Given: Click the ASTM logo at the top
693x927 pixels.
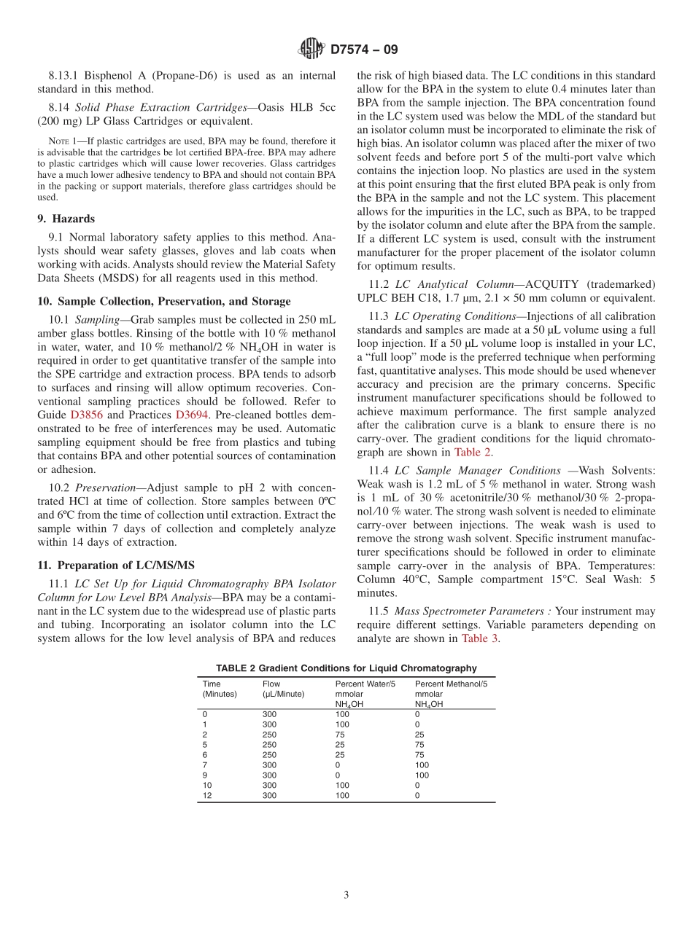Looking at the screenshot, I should point(311,50).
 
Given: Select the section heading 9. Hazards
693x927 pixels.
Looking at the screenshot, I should point(66,219).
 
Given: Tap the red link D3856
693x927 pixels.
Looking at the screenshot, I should point(86,415).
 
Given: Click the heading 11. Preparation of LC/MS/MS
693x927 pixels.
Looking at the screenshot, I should point(115,565).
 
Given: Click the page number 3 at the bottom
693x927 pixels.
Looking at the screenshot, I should point(346,895).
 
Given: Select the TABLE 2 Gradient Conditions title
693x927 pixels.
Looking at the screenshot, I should point(346,668).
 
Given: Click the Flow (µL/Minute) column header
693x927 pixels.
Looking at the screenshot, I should point(283,689).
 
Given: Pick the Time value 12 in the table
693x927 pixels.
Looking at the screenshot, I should point(207,796).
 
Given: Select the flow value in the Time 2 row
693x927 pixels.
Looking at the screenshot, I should point(269,735).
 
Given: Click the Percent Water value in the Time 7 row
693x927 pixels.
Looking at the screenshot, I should point(338,765).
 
